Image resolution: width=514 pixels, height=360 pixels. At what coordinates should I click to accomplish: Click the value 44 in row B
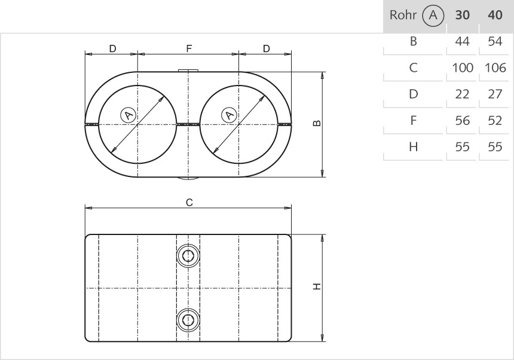coord(462,42)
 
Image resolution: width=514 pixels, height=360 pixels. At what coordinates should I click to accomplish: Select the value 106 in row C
coord(495,68)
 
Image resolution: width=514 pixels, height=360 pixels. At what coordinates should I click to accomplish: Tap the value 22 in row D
coord(462,94)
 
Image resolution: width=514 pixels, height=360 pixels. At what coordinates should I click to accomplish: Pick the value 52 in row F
coord(495,121)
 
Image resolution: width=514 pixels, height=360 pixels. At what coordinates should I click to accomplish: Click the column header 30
coord(462,16)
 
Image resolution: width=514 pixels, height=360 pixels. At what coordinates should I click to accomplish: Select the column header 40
coord(495,16)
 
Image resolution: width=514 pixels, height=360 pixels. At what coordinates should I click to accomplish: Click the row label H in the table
coord(413,147)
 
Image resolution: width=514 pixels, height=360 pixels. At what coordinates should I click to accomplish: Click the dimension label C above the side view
coord(189,203)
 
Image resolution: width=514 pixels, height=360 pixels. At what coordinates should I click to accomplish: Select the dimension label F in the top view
coord(189,48)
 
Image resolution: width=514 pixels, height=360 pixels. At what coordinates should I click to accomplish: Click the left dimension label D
coord(112,48)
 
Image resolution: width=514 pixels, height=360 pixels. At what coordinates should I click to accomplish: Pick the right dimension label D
coord(267,48)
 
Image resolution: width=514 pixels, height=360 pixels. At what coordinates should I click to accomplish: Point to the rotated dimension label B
coord(316,124)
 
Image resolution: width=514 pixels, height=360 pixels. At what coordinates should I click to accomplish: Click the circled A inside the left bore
coord(126,114)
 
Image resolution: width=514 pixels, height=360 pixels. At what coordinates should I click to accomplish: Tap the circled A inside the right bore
coord(228,114)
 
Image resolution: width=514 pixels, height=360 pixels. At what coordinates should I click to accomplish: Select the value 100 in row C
coord(462,68)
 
